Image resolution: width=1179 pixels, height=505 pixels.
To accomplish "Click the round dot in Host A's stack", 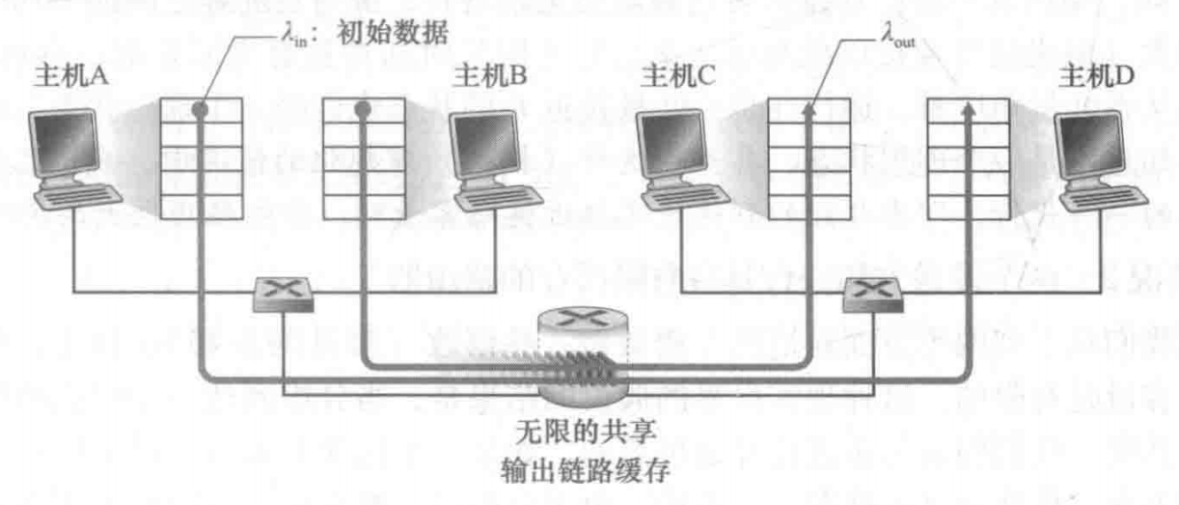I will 200,109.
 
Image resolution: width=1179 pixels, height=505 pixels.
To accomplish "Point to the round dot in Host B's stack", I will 362,109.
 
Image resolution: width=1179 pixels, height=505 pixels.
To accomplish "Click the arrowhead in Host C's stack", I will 808,112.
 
